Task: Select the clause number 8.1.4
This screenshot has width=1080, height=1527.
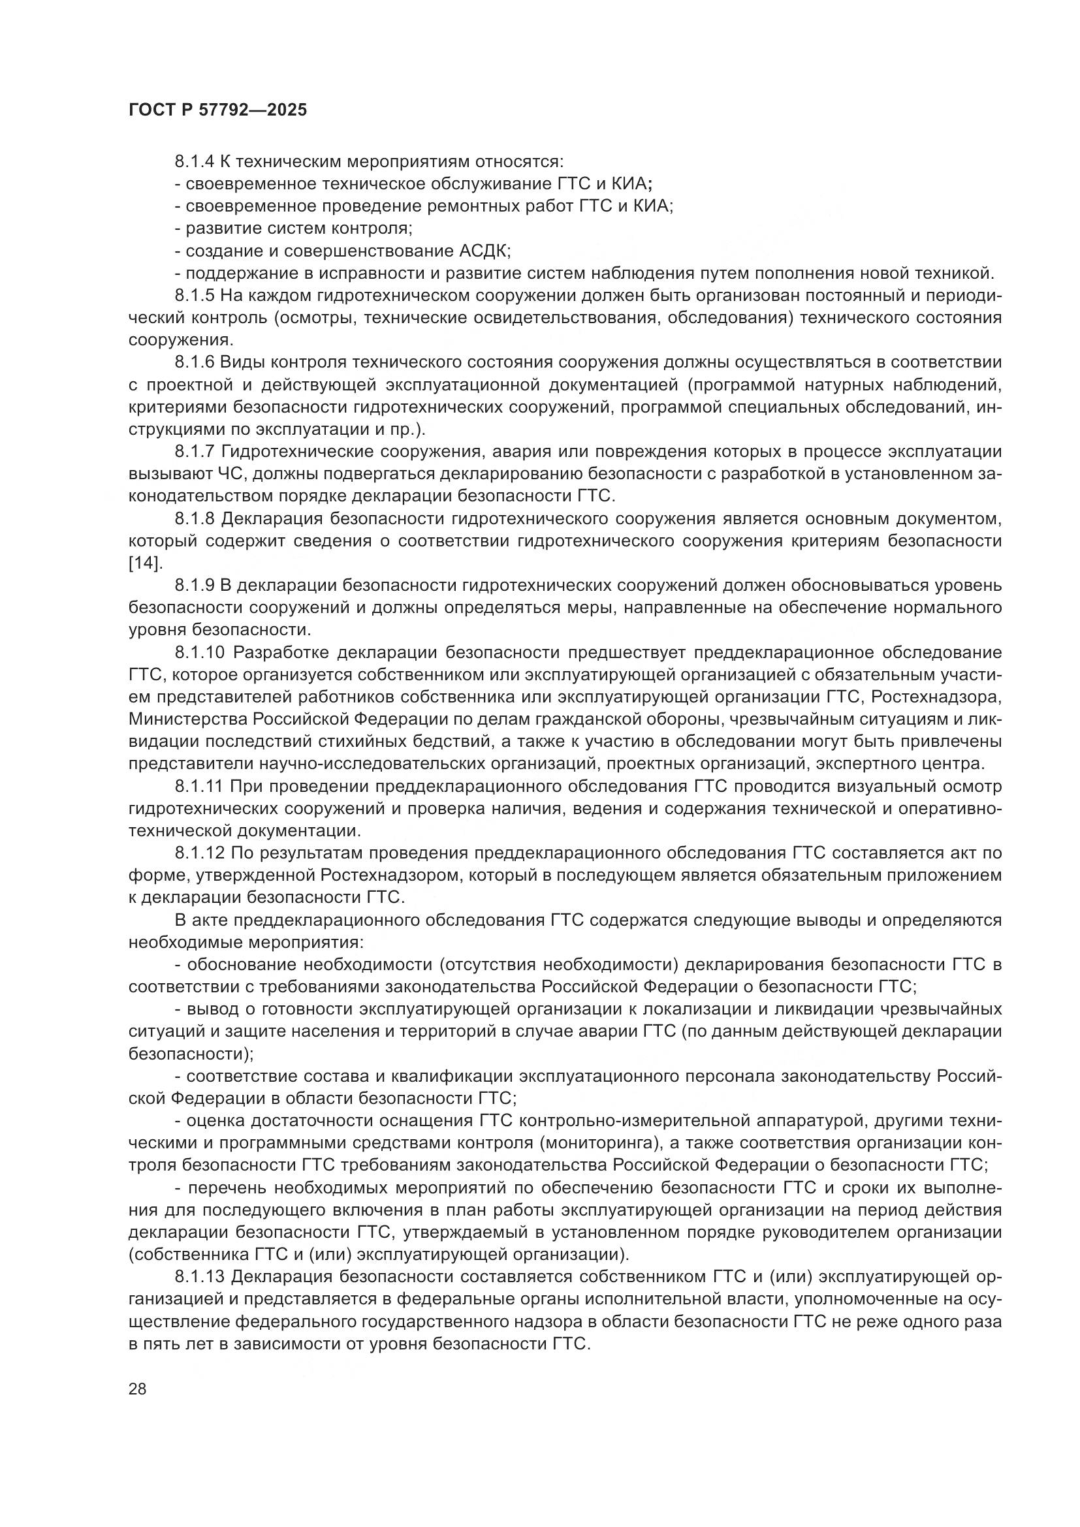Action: click(194, 162)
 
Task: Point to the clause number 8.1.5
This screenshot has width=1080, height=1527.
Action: click(194, 295)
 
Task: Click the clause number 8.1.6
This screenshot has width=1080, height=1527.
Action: click(194, 362)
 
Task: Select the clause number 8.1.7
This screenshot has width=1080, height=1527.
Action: click(194, 452)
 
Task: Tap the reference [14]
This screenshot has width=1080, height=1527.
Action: click(144, 563)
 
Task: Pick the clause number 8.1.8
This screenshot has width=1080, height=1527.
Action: click(194, 519)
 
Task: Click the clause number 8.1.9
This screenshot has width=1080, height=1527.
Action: click(194, 585)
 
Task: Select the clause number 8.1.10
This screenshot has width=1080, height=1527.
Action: click(200, 652)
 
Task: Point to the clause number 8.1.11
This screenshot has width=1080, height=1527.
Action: click(199, 787)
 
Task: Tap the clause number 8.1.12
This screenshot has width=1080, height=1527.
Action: click(199, 853)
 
